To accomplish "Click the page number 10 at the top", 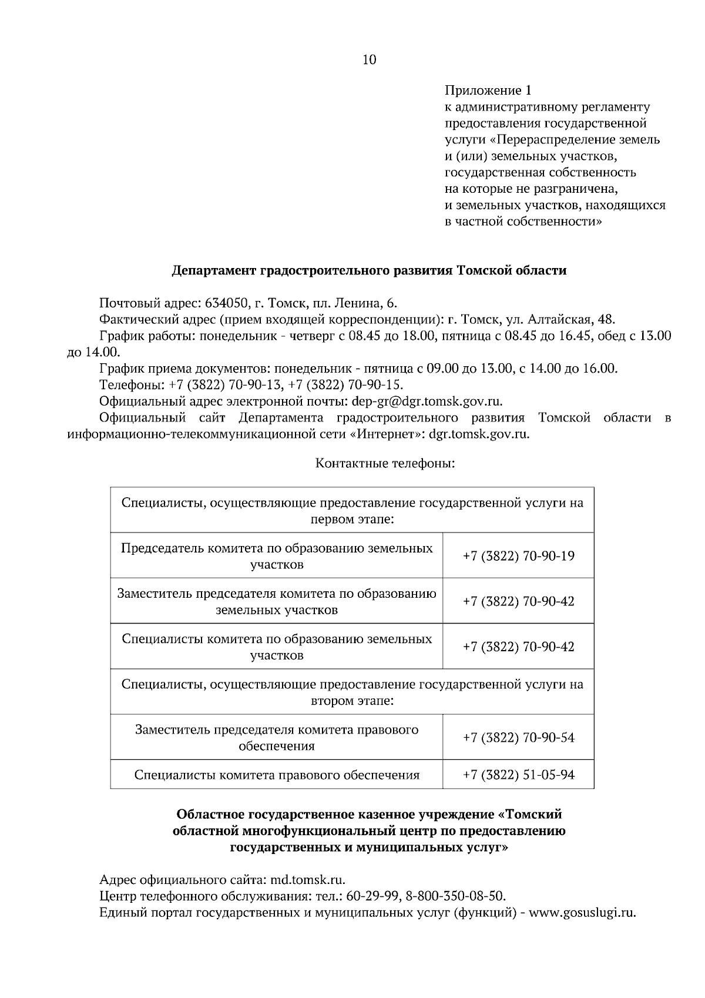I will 370,59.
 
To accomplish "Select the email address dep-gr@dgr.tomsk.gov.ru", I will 427,401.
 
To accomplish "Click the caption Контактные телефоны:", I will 385,464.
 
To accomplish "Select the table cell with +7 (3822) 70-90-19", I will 518,556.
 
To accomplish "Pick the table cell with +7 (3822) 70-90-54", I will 518,738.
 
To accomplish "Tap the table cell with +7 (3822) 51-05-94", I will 518,775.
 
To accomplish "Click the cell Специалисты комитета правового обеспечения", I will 277,775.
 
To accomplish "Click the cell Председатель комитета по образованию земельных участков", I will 277,556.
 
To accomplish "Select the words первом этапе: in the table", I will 352,520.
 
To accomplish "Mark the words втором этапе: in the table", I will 352,701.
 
